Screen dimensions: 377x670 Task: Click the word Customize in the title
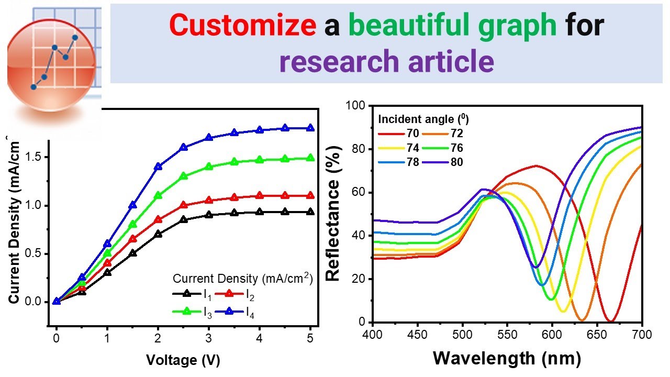[242, 26]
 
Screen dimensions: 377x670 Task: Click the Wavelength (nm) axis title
[507, 358]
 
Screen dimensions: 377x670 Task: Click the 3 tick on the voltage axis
[209, 339]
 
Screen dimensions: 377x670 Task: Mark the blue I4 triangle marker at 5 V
[310, 128]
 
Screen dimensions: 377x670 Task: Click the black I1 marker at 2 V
[158, 234]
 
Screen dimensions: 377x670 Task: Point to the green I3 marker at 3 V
[209, 167]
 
